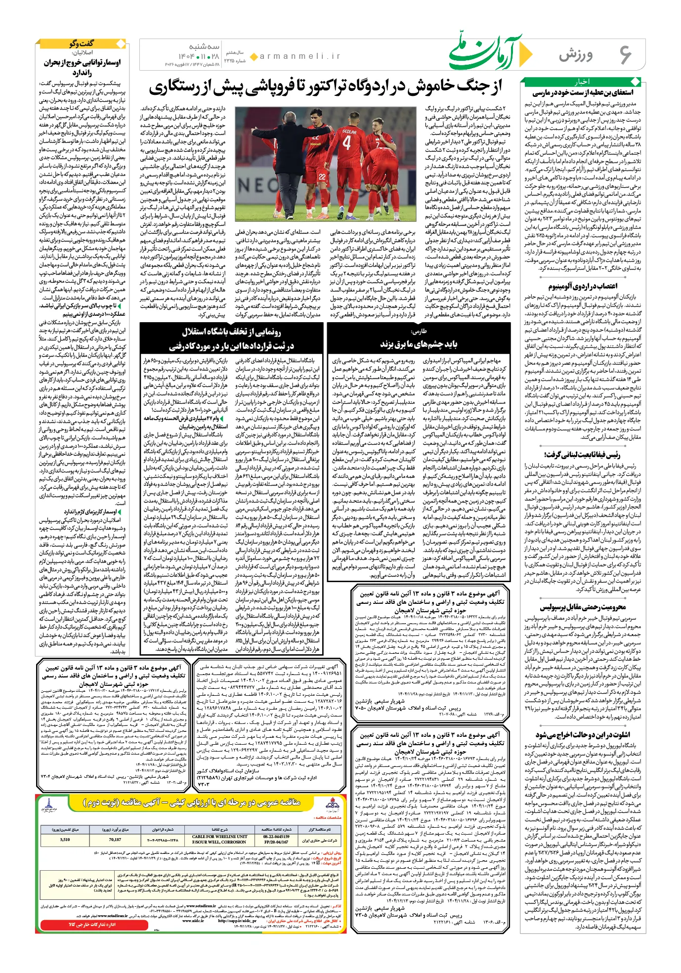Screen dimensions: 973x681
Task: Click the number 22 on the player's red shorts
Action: pyautogui.click(x=322, y=176)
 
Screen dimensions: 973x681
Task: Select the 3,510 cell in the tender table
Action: pyautogui.click(x=65, y=839)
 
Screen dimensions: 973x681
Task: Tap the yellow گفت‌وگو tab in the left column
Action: pyautogui.click(x=82, y=44)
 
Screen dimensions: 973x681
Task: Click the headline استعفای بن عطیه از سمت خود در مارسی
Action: pyautogui.click(x=583, y=92)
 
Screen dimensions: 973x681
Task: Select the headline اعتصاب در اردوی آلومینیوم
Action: pyautogui.click(x=583, y=286)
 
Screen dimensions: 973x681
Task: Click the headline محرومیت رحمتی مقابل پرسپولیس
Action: pyautogui.click(x=583, y=607)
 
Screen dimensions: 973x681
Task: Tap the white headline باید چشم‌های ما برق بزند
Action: pyautogui.click(x=418, y=344)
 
